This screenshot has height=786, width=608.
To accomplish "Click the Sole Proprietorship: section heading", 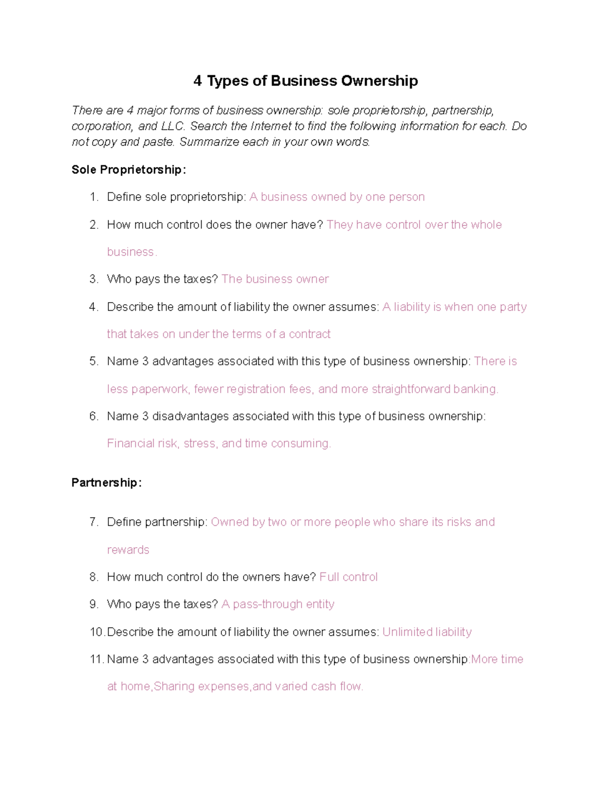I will click(129, 170).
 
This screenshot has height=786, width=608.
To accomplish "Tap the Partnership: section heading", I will click(106, 483).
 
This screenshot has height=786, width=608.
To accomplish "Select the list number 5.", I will click(93, 361).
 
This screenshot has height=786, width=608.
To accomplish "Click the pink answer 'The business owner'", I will click(275, 279).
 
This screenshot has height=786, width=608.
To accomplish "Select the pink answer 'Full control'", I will click(349, 577).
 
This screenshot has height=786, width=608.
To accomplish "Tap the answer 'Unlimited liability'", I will click(427, 632).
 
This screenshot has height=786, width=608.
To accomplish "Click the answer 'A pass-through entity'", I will click(278, 604).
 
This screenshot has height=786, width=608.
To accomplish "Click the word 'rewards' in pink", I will click(128, 550).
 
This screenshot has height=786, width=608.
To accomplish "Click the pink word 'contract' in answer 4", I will click(310, 334).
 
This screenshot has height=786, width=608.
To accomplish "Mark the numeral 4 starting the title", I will click(198, 81).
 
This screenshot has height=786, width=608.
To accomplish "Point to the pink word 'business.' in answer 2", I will click(132, 252).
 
